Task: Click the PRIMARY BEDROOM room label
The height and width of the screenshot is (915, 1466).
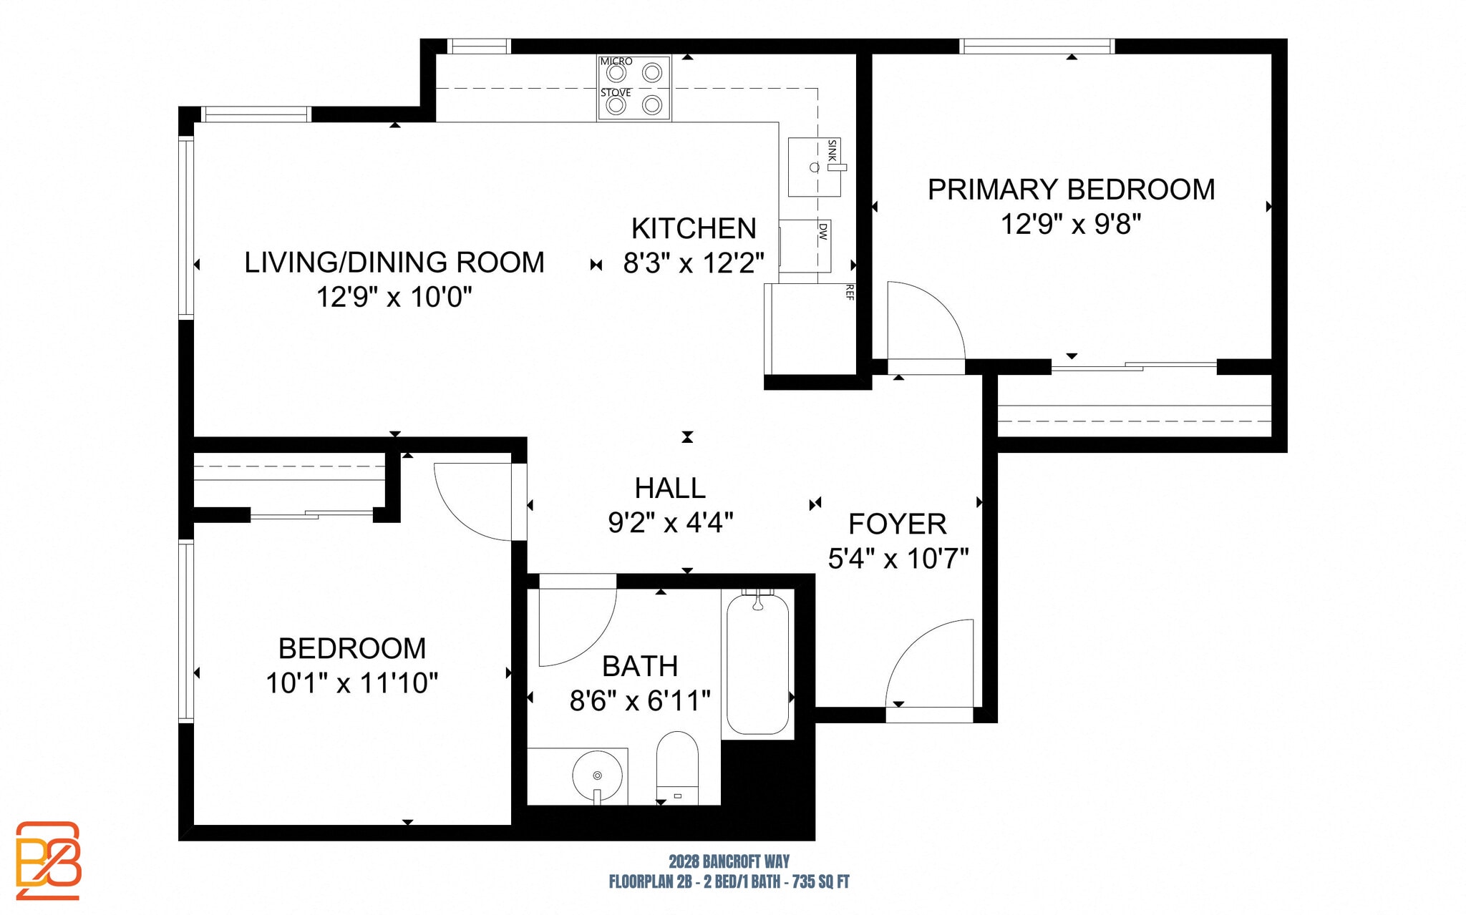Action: (x=1071, y=190)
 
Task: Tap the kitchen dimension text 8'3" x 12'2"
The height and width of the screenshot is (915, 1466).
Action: (x=693, y=263)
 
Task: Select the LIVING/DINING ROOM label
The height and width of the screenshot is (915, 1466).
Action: (x=394, y=263)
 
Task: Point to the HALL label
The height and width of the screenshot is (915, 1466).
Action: (x=670, y=488)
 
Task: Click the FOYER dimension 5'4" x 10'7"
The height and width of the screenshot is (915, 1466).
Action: (x=898, y=558)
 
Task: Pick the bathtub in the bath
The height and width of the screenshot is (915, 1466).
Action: (x=757, y=664)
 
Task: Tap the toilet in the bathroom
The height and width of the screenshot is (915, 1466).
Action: (x=676, y=768)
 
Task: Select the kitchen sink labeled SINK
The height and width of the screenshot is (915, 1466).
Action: (x=814, y=167)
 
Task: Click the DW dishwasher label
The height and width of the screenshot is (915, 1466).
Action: (x=823, y=231)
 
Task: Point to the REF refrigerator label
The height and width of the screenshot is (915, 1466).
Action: (x=850, y=292)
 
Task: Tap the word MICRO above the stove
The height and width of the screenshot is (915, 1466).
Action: (x=616, y=62)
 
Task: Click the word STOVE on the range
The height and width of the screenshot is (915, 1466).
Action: (x=615, y=93)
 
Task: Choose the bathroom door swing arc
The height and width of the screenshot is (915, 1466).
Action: (x=577, y=626)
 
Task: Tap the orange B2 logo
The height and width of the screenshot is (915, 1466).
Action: (x=48, y=860)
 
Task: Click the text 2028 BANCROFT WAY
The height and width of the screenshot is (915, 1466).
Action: (x=729, y=861)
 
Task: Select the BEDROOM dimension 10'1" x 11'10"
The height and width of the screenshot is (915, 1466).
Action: (x=351, y=683)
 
